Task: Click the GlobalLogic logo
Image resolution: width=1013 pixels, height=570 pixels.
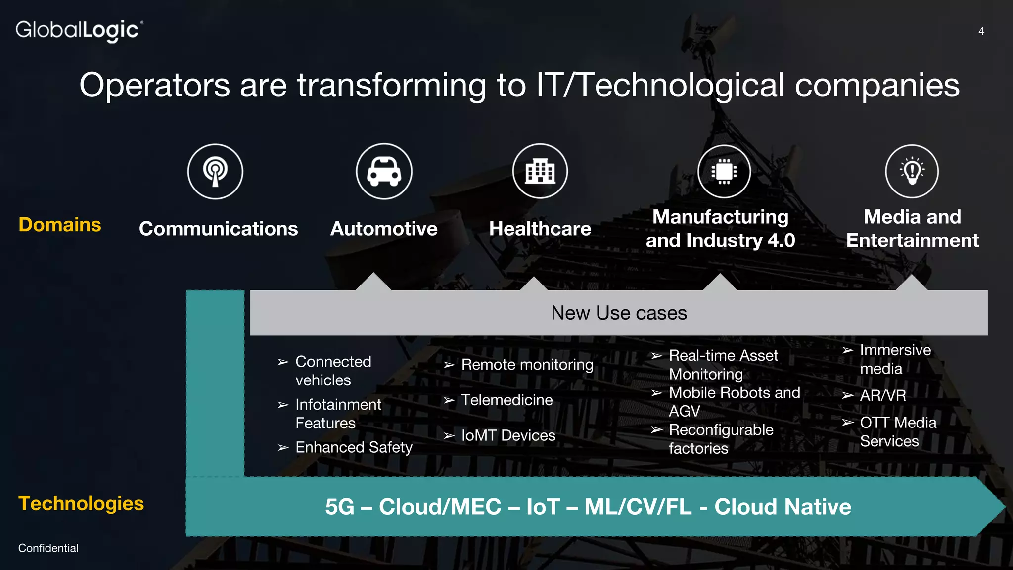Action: click(79, 31)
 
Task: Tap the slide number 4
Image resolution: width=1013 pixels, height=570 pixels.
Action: click(981, 31)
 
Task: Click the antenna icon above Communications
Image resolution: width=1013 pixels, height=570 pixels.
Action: click(215, 172)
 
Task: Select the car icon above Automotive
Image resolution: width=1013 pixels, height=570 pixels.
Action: click(384, 172)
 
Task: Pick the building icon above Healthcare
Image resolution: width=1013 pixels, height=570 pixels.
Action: click(540, 172)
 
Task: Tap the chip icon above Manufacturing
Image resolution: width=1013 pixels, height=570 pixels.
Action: click(724, 172)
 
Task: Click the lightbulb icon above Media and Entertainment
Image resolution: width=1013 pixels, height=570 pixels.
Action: click(912, 172)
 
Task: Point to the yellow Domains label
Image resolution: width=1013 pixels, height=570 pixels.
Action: click(60, 225)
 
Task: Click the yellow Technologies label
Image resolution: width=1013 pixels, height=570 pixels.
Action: click(81, 503)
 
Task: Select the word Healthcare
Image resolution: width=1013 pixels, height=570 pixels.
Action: click(540, 229)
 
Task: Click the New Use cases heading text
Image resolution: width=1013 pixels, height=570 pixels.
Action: click(619, 313)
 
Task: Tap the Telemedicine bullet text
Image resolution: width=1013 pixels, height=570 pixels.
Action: click(507, 400)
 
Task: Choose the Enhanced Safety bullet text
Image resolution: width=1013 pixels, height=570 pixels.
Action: click(354, 447)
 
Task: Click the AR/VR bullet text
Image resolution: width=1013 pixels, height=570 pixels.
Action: click(883, 395)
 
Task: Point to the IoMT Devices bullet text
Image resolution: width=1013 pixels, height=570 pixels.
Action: click(508, 435)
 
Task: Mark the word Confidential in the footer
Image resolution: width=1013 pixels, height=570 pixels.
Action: click(48, 548)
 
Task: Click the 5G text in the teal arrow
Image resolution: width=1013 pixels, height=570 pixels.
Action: click(340, 507)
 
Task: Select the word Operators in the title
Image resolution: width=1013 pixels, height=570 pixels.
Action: click(154, 85)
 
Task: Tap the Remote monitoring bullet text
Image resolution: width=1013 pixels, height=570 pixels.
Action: click(527, 365)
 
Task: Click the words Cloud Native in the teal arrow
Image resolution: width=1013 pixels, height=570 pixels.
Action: click(783, 507)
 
